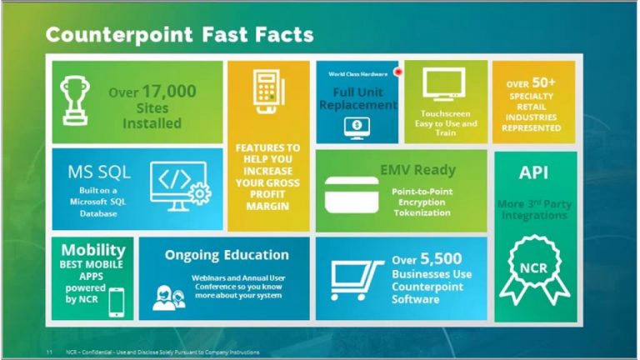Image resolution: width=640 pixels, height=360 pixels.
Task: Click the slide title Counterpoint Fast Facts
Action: (179, 34)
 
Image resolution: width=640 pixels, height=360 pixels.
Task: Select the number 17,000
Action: (169, 91)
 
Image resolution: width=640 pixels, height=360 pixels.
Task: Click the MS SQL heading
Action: (100, 172)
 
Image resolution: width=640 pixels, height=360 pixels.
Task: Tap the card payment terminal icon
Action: (267, 98)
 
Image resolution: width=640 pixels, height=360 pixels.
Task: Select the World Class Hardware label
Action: (352, 74)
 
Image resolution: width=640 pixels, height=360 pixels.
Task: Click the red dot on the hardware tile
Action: (397, 72)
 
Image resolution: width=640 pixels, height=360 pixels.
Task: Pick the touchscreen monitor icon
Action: (443, 86)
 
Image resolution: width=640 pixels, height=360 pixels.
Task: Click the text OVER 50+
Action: (531, 84)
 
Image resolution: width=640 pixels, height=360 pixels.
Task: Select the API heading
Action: (534, 172)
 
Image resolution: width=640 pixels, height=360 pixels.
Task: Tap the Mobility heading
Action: (92, 250)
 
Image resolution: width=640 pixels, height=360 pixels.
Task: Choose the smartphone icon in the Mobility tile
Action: (116, 302)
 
